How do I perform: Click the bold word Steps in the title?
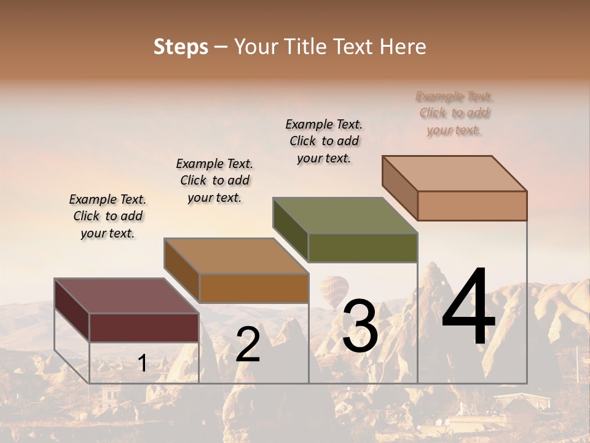(181, 47)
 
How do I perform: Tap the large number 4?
(468, 308)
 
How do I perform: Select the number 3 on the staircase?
(360, 326)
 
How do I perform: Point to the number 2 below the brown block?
(248, 345)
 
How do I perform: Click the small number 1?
(142, 363)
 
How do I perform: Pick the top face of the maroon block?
(126, 296)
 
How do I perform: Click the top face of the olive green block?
(345, 215)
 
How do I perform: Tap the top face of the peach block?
(455, 174)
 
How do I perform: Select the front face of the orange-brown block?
(254, 288)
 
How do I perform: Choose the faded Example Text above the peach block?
(455, 113)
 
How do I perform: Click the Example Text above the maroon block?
(108, 216)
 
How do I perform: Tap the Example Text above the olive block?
(324, 141)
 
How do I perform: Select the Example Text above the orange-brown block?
(214, 180)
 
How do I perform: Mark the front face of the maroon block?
(144, 327)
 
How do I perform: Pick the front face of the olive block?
(363, 247)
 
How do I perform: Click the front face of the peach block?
(472, 206)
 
